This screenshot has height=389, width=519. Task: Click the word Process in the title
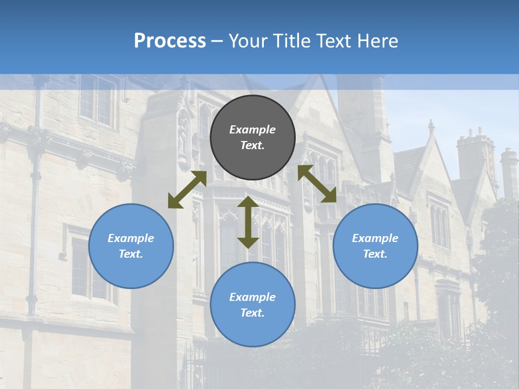coord(170,41)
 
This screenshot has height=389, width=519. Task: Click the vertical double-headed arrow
coord(248,222)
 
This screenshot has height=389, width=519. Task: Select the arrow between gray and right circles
coord(317,184)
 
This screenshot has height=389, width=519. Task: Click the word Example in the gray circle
coord(252,130)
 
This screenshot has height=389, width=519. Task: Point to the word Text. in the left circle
coord(131,254)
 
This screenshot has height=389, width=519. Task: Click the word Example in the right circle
coord(375,238)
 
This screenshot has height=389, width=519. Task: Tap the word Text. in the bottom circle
coord(252,313)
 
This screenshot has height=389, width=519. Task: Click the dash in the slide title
coord(217,41)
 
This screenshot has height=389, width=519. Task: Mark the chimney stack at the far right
coord(508,173)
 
